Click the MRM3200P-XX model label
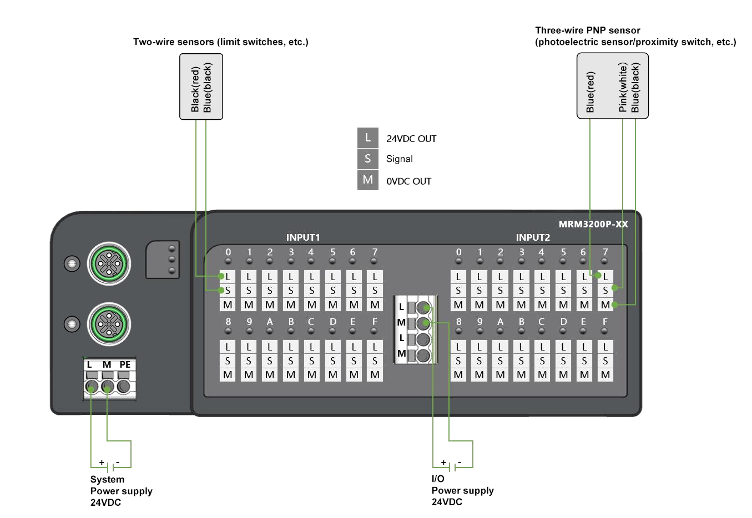(x=593, y=224)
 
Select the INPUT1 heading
(x=303, y=237)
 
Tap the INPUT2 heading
(x=533, y=237)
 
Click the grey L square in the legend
(x=367, y=138)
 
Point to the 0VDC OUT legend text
(x=408, y=181)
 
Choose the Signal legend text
(x=399, y=159)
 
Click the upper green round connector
(x=109, y=263)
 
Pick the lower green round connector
(x=109, y=324)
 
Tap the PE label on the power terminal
(x=125, y=364)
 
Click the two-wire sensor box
(x=201, y=87)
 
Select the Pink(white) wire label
(x=623, y=88)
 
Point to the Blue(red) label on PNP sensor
(x=590, y=92)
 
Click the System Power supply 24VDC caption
(x=121, y=491)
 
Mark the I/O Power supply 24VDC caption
(x=462, y=490)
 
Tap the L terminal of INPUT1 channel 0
(x=228, y=276)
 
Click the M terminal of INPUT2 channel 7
(x=605, y=304)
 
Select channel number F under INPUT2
(x=605, y=322)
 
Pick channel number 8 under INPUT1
(x=228, y=322)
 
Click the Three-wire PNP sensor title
(x=635, y=36)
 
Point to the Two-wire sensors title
(x=220, y=42)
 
